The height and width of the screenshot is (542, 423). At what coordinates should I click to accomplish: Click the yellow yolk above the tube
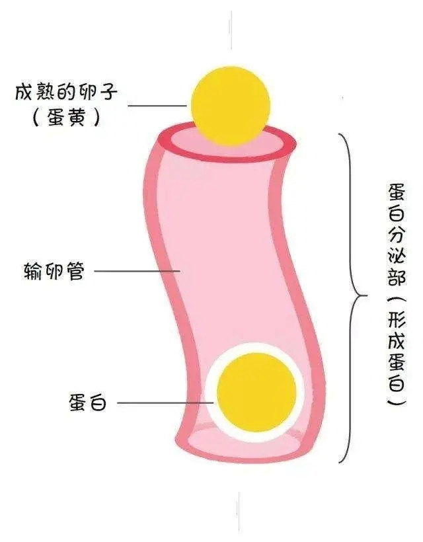tap(231, 106)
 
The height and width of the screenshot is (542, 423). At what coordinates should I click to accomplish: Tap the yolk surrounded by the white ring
tap(256, 393)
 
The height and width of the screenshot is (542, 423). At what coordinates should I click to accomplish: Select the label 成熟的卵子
tap(66, 92)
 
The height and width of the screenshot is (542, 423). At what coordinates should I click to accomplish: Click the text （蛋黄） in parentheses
tap(66, 117)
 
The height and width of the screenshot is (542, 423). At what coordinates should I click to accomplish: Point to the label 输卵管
tap(54, 271)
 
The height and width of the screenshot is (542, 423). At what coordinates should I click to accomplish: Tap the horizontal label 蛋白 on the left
tap(88, 403)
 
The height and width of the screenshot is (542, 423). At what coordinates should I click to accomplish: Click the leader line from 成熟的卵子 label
tap(157, 105)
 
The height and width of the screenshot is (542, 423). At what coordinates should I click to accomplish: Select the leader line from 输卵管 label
tap(137, 271)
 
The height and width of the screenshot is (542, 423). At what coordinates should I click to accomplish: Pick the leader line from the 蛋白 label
tap(165, 403)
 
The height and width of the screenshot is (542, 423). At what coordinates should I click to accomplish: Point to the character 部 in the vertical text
tap(397, 276)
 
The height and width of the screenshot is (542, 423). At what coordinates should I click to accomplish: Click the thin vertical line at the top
tap(231, 30)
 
